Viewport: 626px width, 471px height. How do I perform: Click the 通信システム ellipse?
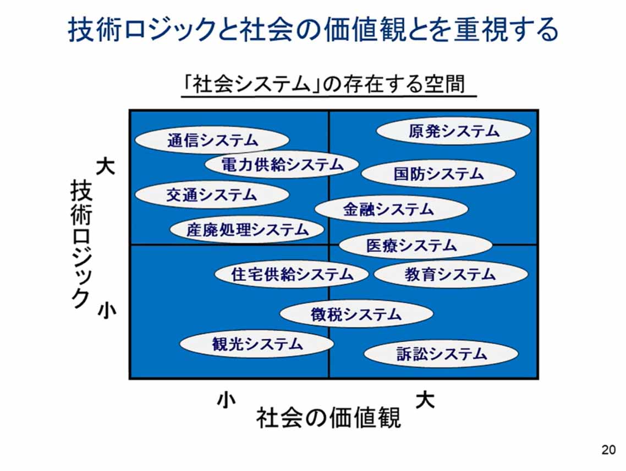point(212,140)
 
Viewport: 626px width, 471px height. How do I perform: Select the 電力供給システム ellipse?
point(282,164)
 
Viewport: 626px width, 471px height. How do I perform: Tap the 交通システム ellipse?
point(212,195)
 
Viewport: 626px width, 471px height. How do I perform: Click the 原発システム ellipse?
point(454,132)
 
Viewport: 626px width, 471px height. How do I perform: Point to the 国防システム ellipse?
point(438,174)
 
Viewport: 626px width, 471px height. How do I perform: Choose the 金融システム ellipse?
point(391,209)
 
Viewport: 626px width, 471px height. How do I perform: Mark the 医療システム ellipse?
point(415,245)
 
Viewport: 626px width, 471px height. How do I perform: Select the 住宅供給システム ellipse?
point(292,274)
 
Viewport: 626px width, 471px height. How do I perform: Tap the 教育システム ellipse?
point(451,274)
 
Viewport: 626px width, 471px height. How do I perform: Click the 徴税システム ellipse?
point(356,314)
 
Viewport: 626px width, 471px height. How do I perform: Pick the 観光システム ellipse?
point(257,344)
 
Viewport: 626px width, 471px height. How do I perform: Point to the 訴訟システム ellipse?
point(441,354)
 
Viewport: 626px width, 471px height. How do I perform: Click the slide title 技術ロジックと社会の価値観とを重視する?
point(313,30)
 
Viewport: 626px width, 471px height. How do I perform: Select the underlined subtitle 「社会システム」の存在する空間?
point(328,85)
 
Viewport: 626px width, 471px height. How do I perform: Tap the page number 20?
point(608,450)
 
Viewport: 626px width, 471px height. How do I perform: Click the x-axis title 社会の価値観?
point(328,418)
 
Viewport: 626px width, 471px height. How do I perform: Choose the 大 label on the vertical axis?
point(106,166)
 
